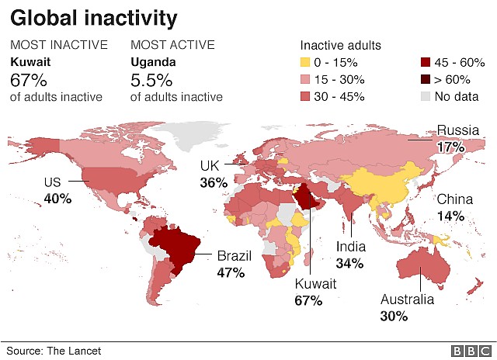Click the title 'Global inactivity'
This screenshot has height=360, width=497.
[x=94, y=17]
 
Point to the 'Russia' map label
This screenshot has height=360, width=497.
[x=458, y=130]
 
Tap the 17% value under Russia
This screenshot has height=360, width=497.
[x=450, y=147]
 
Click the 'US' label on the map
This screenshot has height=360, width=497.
[x=52, y=182]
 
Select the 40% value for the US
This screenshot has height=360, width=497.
[x=57, y=199]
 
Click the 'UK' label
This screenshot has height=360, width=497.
[x=210, y=166]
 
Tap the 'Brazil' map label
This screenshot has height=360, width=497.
[x=235, y=255]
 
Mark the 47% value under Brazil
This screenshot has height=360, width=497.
[x=231, y=272]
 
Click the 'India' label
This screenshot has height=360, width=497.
[x=350, y=247]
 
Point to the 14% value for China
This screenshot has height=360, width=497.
[x=450, y=216]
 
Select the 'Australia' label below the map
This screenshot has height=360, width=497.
[x=408, y=299]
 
